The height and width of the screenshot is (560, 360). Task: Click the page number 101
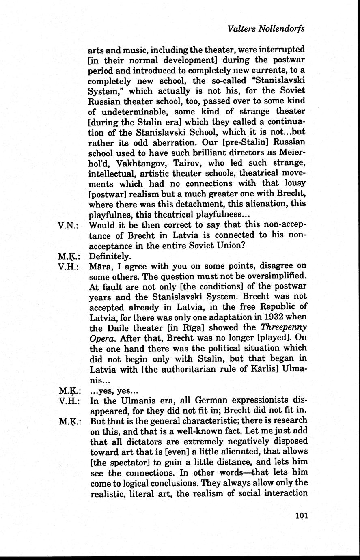(x=302, y=516)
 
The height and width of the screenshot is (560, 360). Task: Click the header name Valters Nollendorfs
(x=266, y=29)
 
